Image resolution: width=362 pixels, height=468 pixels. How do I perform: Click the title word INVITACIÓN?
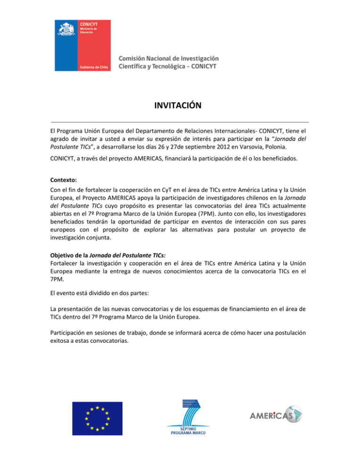pyautogui.click(x=181, y=105)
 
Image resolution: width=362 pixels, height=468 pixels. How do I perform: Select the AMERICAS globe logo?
pyautogui.click(x=275, y=416)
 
